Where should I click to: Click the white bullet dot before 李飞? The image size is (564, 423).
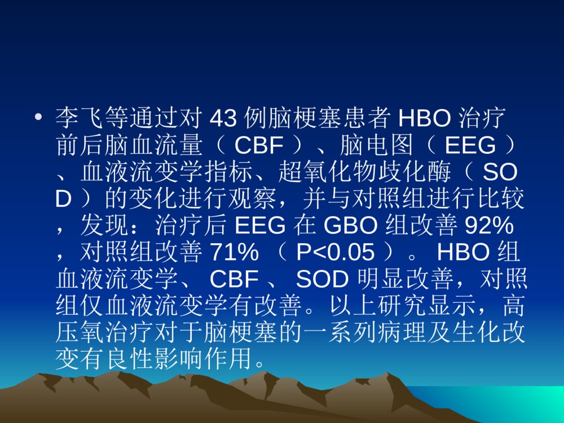38,118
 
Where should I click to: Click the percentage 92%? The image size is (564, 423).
489,227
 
